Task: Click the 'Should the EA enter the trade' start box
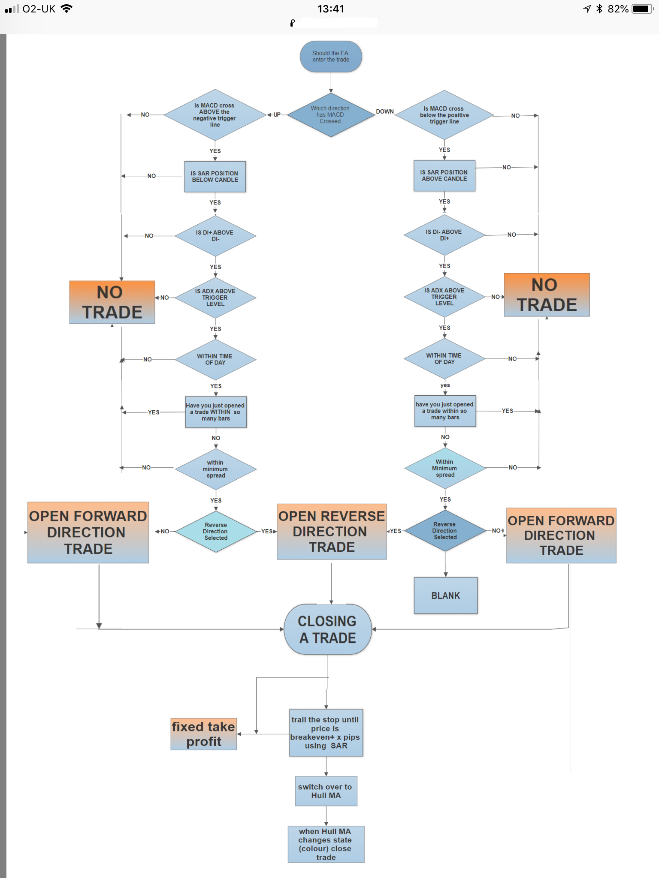click(330, 57)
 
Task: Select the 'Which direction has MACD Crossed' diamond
click(330, 115)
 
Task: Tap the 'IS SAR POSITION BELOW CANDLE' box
click(215, 177)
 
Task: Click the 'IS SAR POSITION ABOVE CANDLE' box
click(444, 176)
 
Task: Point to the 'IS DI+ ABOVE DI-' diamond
click(215, 236)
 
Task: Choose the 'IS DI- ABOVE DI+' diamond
click(444, 235)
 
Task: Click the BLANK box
click(445, 595)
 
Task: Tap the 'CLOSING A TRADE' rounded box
click(327, 629)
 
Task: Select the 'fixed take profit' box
click(203, 734)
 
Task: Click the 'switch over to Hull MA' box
click(326, 791)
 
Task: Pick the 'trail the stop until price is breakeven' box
click(326, 733)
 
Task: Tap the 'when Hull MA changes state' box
click(326, 844)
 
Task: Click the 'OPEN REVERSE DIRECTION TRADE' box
click(332, 532)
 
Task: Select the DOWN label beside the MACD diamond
click(384, 111)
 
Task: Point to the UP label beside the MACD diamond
click(277, 115)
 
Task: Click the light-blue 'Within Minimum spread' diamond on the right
click(445, 468)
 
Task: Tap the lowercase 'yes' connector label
click(445, 385)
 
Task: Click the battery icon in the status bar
click(642, 9)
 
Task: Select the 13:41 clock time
click(330, 9)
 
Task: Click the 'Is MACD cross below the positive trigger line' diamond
click(444, 115)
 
